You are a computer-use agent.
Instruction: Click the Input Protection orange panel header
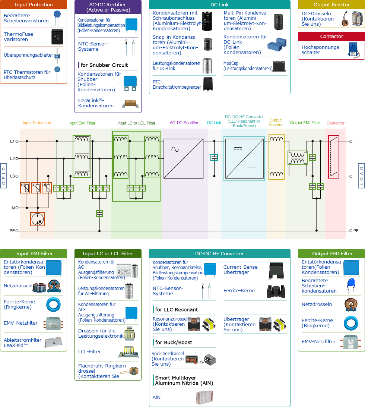coord(34,5)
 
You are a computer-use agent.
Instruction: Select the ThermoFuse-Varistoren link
coord(19,37)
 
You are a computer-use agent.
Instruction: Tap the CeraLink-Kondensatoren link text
coord(96,103)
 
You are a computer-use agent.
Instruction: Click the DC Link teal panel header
coord(219,5)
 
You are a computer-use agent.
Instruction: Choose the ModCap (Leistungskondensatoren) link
coord(248,66)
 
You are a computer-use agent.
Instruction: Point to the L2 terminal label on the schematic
coord(12,159)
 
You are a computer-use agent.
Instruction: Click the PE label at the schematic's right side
coord(356,231)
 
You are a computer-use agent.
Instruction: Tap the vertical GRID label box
coord(4,176)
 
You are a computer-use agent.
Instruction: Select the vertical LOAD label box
coord(361,176)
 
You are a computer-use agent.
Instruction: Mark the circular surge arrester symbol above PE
coord(37,219)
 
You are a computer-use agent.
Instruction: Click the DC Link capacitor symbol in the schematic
coord(214,157)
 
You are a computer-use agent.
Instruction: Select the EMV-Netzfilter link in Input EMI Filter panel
coord(20,323)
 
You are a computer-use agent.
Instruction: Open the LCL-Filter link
coord(89,352)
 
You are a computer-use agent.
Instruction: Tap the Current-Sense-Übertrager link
coord(241,269)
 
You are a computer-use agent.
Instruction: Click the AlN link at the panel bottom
coord(156,398)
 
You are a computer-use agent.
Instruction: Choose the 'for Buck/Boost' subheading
coord(174,343)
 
